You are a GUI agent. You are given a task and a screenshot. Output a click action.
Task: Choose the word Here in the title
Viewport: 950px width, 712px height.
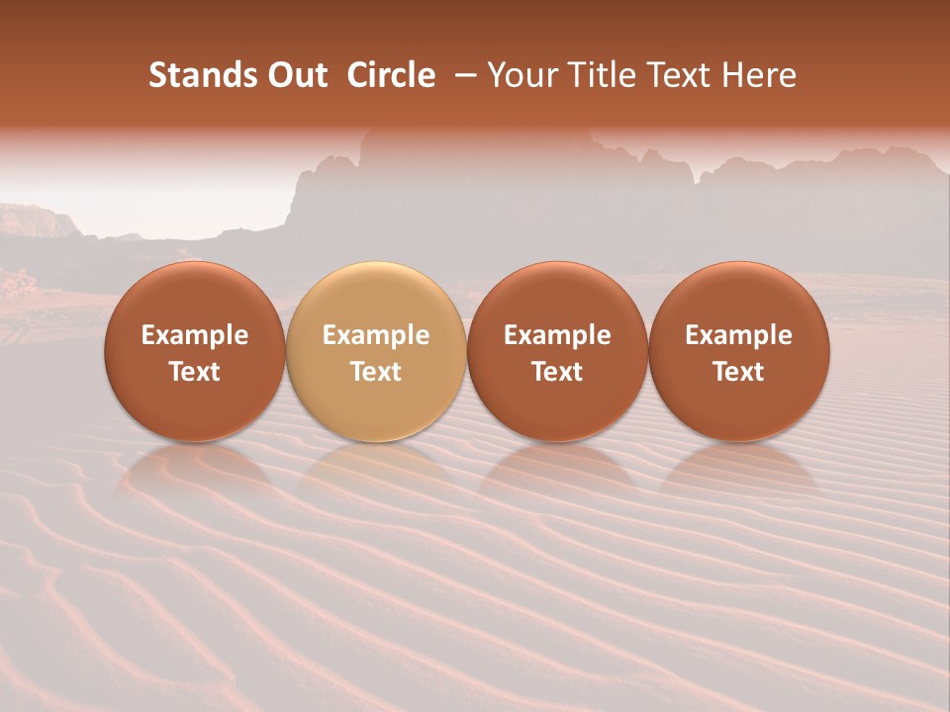760,75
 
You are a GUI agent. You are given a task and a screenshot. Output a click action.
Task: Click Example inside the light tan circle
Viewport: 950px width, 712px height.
376,335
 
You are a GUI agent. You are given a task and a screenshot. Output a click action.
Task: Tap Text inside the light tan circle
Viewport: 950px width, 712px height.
376,372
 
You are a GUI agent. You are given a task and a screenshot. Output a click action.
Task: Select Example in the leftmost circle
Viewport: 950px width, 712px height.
195,335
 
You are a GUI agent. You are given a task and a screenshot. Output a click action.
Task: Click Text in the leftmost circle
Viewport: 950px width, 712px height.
195,372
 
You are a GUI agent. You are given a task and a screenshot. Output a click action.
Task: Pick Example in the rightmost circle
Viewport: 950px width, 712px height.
739,335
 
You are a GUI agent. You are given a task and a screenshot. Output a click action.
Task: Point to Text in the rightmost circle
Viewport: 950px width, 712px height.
739,372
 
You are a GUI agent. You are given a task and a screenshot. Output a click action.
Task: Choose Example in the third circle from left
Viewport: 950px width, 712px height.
557,335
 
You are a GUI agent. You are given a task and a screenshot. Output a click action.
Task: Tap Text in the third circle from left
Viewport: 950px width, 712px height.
557,372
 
